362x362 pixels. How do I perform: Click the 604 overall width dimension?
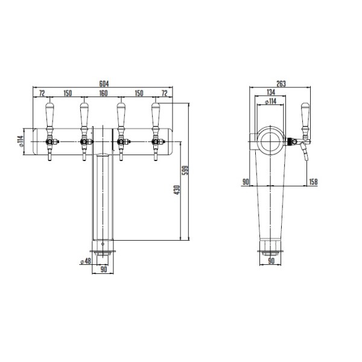(104, 83)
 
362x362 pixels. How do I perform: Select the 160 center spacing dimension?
(103, 93)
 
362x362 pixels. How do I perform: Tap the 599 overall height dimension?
(185, 170)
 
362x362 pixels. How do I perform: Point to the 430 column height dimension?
(177, 190)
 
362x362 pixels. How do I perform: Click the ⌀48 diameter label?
(85, 261)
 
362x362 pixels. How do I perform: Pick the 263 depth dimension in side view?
(281, 83)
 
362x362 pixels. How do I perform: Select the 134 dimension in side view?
(271, 92)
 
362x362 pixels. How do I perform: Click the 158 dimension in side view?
(313, 182)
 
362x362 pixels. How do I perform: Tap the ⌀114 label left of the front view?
(21, 141)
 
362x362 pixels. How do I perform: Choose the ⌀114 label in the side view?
(270, 101)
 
